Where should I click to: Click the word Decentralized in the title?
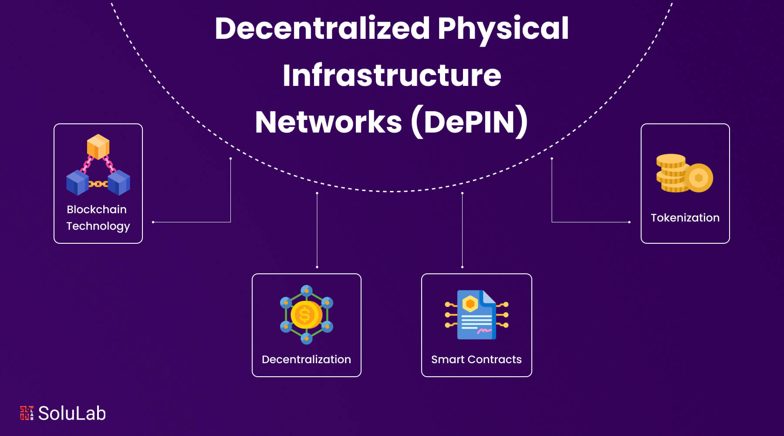(322, 29)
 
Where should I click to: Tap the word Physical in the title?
(503, 29)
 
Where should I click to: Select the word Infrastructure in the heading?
(392, 75)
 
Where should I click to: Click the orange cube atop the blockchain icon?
(98, 146)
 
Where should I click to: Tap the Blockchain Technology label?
(98, 218)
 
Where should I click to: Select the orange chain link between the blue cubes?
(98, 184)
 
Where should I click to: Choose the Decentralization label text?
(306, 359)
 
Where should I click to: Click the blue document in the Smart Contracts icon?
(476, 316)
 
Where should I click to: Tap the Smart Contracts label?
(476, 359)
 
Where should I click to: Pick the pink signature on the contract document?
(484, 332)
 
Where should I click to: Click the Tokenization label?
(685, 218)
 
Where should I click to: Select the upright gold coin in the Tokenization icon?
(699, 178)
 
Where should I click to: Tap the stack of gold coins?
(671, 174)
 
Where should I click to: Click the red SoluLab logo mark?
(27, 413)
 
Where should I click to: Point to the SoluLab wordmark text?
(72, 413)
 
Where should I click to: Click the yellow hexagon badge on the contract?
(470, 303)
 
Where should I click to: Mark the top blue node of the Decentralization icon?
(307, 290)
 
